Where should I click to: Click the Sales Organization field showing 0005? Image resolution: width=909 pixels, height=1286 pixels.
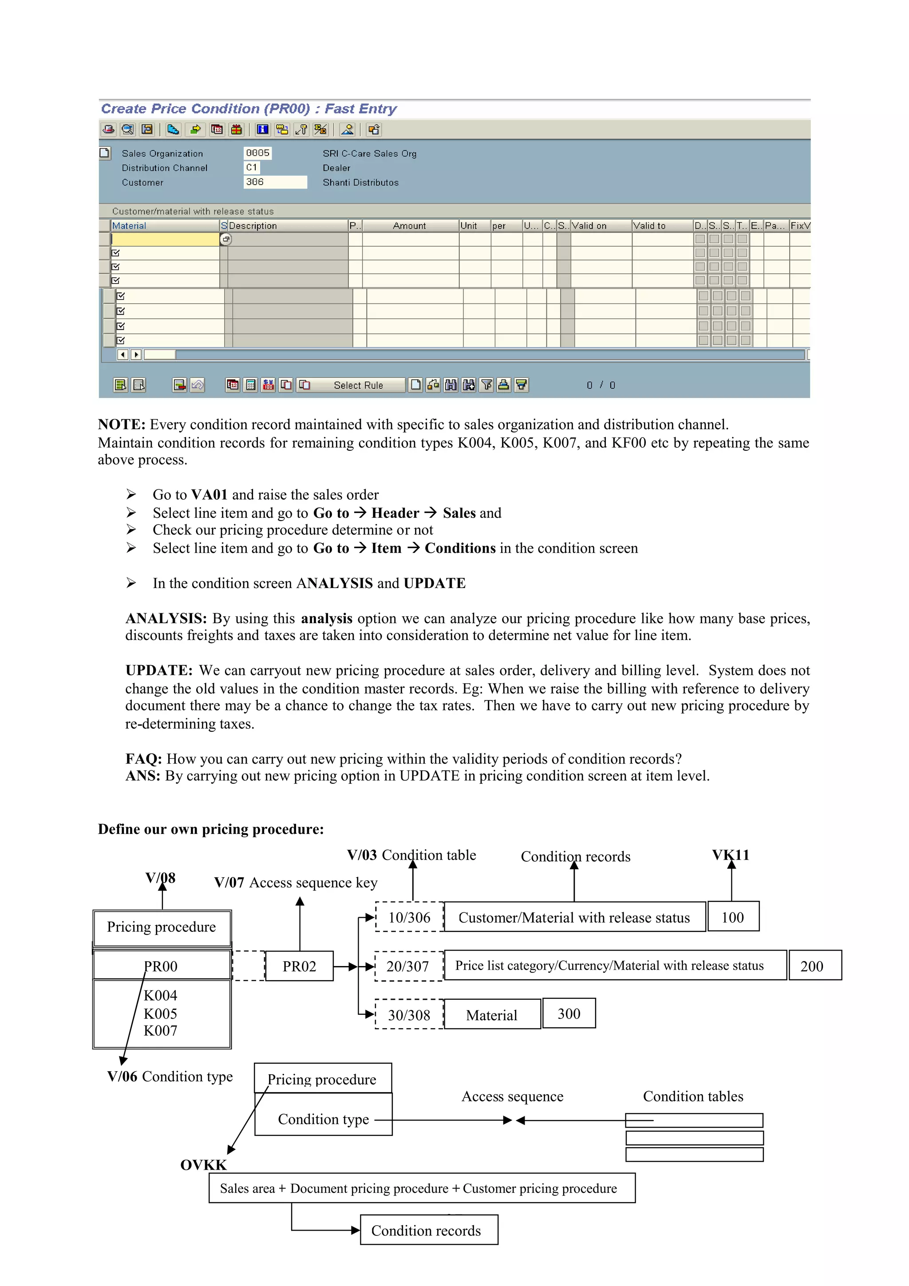257,153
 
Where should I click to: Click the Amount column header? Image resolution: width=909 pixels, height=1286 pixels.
409,226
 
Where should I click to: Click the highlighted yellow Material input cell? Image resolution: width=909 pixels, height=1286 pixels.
165,239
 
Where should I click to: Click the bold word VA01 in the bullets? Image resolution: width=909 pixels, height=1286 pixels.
209,495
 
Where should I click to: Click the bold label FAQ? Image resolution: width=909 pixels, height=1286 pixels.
143,759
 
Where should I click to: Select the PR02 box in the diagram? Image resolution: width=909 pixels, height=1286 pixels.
299,966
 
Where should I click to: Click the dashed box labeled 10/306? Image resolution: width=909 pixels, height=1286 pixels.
409,917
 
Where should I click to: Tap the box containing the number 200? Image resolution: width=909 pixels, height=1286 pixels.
814,966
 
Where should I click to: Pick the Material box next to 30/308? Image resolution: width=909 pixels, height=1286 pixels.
492,1015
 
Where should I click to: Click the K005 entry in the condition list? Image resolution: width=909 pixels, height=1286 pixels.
160,1014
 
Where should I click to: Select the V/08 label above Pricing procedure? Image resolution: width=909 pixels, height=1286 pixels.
160,878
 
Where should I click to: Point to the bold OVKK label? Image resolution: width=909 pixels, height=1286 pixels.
203,1165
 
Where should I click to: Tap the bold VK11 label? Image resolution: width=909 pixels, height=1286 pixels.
730,855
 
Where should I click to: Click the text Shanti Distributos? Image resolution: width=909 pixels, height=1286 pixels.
360,182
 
